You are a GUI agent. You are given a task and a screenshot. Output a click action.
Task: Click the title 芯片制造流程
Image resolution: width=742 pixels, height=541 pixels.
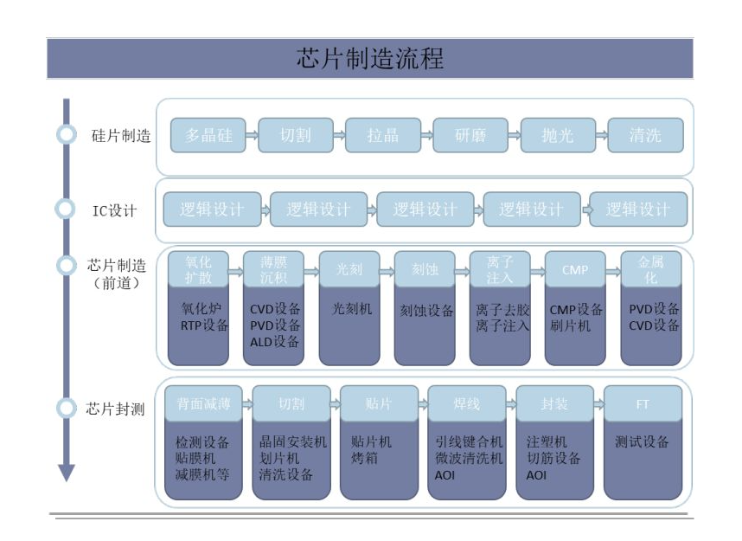pos(370,58)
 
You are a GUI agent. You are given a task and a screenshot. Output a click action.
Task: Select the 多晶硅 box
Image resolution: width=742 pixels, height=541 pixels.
pos(208,136)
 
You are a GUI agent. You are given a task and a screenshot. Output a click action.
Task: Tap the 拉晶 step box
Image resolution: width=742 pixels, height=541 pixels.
pos(383,136)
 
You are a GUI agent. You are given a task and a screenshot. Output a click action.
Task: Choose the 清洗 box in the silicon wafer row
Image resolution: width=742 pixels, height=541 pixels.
pos(645,136)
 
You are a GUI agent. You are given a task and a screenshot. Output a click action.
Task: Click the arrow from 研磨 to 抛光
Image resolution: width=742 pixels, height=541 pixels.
pos(515,136)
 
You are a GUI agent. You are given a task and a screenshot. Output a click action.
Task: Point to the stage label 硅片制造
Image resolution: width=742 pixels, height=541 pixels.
pos(121,136)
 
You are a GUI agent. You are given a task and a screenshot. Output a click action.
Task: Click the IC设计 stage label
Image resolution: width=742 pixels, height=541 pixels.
pos(114,210)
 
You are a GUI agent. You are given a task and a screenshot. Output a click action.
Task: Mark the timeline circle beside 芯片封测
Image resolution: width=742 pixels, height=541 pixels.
pos(66,408)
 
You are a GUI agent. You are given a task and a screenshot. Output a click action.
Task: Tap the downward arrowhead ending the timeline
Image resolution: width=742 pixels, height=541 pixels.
pos(67,473)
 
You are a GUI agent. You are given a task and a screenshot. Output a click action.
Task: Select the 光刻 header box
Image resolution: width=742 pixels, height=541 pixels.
pos(349,269)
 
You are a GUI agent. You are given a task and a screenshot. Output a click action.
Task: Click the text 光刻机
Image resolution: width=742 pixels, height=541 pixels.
pos(352,309)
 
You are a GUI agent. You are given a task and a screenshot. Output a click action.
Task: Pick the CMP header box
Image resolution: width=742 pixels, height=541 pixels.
pos(575,269)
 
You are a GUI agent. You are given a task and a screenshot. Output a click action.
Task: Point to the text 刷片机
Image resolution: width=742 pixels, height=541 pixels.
pos(570,325)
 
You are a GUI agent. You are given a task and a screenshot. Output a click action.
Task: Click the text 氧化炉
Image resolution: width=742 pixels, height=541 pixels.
pos(201,309)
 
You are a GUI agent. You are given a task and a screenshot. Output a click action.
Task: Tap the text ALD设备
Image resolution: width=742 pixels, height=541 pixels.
pos(274,342)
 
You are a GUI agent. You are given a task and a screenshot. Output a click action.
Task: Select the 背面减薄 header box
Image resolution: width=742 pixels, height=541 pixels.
pos(203,403)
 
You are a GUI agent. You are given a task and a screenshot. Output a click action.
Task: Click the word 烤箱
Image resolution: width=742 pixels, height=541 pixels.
pos(364,458)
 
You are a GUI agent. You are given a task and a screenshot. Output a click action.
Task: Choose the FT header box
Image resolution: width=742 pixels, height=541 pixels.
pos(643,403)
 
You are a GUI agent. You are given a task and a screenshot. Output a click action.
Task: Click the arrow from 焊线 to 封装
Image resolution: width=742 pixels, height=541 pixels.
pos(511,404)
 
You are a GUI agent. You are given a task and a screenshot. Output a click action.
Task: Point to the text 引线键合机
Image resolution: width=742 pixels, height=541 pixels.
pos(469,442)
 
